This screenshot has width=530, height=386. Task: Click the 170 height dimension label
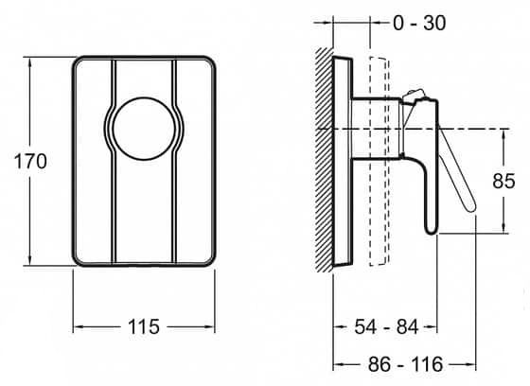pos(30,161)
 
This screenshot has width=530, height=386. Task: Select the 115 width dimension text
pos(144,326)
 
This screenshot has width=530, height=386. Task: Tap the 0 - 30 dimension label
pos(419,23)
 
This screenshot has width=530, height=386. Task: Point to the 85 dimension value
pos(503,181)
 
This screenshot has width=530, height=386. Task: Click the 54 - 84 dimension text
pos(386,326)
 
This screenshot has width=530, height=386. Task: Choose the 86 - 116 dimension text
pos(405,364)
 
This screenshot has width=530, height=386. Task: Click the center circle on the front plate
pos(144,129)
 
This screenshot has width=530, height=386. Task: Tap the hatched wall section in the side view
pos(324,160)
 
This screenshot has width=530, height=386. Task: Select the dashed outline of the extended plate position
pos(380,161)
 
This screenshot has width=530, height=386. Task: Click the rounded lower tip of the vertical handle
pos(432,230)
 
